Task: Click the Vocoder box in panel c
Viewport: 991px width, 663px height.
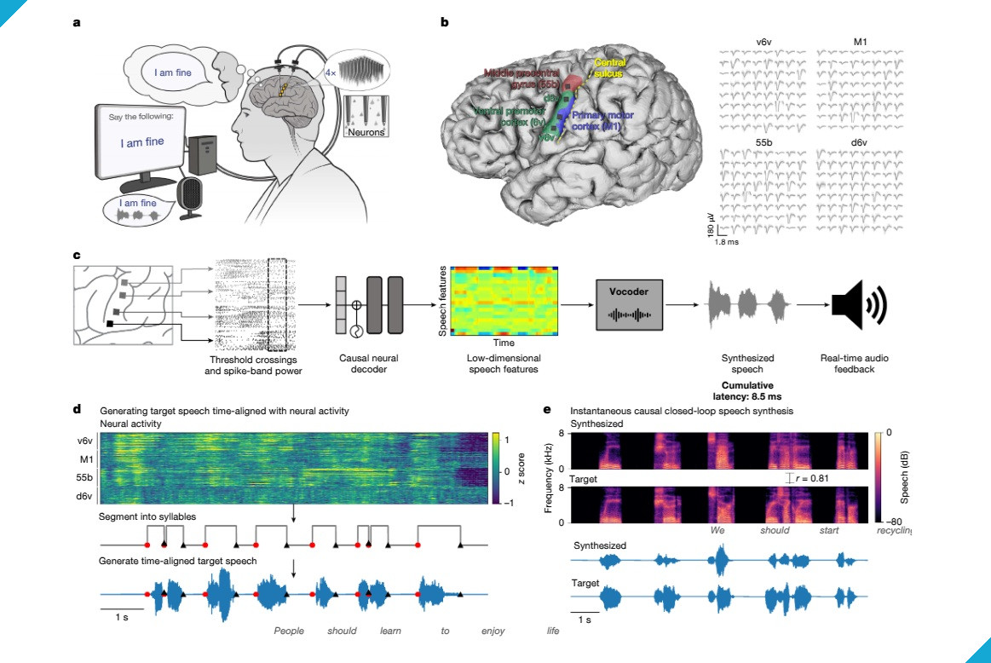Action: (x=630, y=303)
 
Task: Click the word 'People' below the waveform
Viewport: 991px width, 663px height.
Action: (x=289, y=631)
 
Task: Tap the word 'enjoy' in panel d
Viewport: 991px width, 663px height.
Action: (x=493, y=631)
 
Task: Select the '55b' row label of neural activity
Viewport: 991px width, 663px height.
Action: (x=83, y=478)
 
